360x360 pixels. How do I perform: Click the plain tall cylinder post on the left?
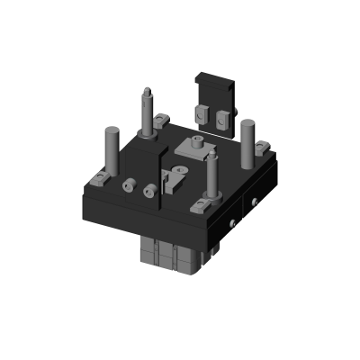click(112, 148)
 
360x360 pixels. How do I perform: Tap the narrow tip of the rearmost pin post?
click(147, 91)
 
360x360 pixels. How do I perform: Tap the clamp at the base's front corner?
click(200, 206)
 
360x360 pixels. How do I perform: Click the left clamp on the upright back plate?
click(202, 114)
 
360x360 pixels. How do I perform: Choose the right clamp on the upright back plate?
click(222, 117)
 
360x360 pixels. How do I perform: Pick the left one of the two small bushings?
click(129, 186)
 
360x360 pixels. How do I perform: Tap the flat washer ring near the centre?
click(180, 168)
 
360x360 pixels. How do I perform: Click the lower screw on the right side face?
click(233, 223)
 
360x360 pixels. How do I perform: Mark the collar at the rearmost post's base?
click(147, 132)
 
